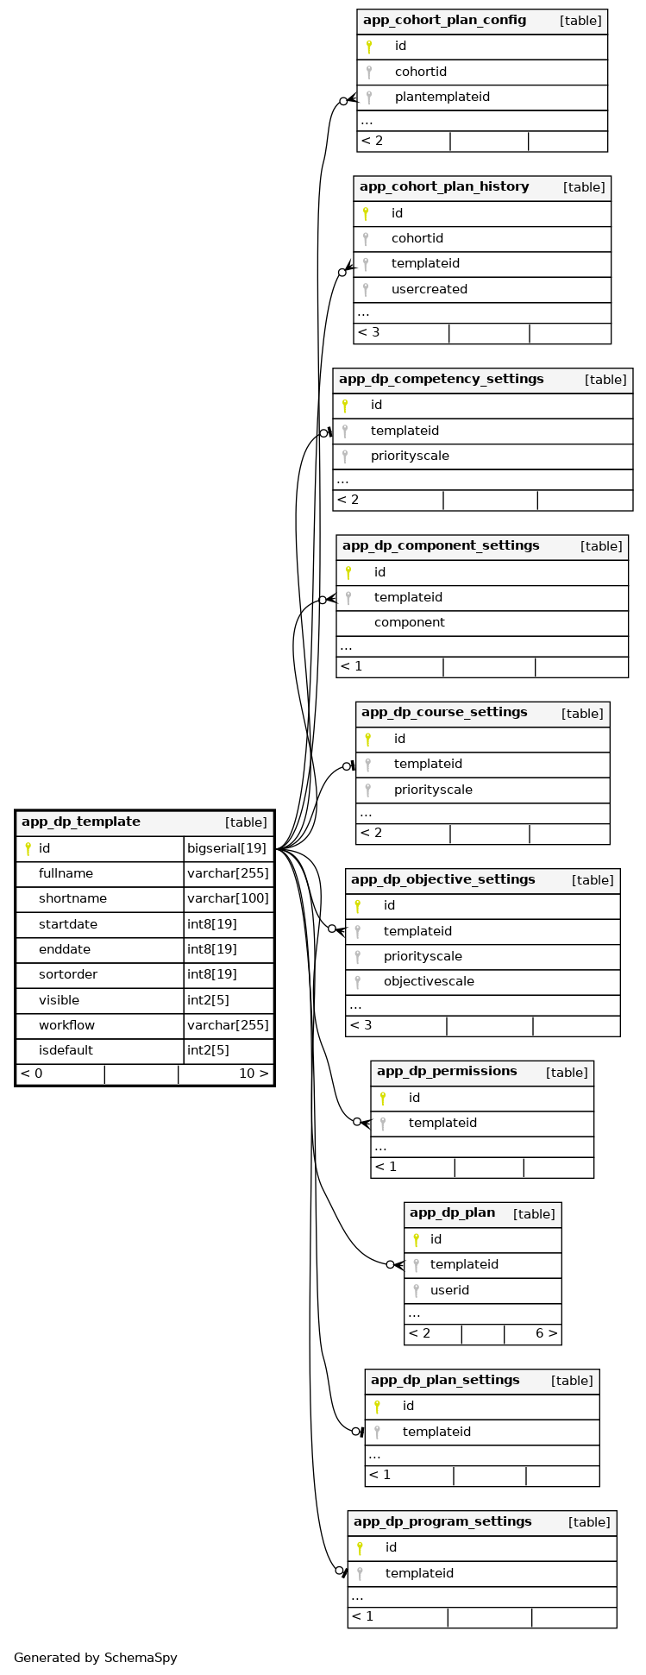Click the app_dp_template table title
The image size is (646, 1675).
pyautogui.click(x=81, y=822)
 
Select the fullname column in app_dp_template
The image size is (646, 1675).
pyautogui.click(x=66, y=873)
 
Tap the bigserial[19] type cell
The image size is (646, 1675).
pyautogui.click(x=227, y=848)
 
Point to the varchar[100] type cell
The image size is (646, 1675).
pyautogui.click(x=228, y=899)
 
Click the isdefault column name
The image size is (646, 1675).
pyautogui.click(x=66, y=1051)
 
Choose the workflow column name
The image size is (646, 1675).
pyautogui.click(x=66, y=1025)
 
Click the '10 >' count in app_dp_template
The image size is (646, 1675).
pyautogui.click(x=253, y=1074)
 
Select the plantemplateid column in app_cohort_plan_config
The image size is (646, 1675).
pyautogui.click(x=442, y=98)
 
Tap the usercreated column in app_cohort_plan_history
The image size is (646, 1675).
pyautogui.click(x=429, y=289)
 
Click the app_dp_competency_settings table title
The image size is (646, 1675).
pyautogui.click(x=441, y=379)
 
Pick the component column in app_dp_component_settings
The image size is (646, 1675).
pyautogui.click(x=409, y=623)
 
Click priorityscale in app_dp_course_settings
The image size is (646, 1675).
pyautogui.click(x=433, y=790)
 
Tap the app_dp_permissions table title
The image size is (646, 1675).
pyautogui.click(x=447, y=1072)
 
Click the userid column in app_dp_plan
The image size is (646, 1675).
pyautogui.click(x=449, y=1290)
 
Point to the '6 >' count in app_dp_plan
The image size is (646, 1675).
pyautogui.click(x=546, y=1333)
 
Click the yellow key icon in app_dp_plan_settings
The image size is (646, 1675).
pyautogui.click(x=377, y=1407)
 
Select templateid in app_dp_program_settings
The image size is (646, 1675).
pyautogui.click(x=419, y=1573)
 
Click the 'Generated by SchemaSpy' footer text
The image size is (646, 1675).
pyautogui.click(x=96, y=1658)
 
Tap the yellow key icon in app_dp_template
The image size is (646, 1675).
pyautogui.click(x=28, y=848)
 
